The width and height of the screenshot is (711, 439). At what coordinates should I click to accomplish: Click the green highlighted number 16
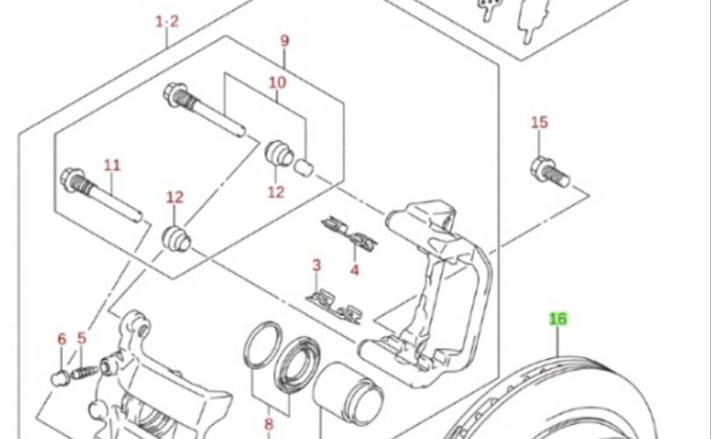click(x=558, y=319)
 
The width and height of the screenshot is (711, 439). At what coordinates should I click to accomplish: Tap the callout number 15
click(x=540, y=122)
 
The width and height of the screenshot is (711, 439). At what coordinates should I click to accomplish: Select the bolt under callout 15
click(x=549, y=172)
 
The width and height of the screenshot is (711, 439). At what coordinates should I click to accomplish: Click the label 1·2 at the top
click(x=168, y=21)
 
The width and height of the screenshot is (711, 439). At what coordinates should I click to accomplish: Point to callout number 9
click(x=284, y=40)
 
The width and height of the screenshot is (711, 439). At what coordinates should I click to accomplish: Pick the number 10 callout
click(x=277, y=83)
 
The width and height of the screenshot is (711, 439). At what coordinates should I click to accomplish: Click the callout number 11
click(x=112, y=165)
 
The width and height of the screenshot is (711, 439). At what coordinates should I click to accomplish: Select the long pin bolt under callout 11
click(x=101, y=195)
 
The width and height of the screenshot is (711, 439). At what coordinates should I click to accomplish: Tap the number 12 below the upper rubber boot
click(x=276, y=191)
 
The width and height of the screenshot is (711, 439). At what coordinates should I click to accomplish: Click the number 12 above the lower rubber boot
click(x=175, y=198)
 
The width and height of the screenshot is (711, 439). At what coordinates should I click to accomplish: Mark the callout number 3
click(x=317, y=265)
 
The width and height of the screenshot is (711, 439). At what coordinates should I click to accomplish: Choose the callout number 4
click(x=355, y=270)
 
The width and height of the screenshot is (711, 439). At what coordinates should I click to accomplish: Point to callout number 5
click(x=82, y=338)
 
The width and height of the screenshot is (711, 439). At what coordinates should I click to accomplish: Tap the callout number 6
click(x=61, y=339)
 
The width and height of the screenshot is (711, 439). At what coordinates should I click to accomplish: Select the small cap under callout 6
click(x=60, y=378)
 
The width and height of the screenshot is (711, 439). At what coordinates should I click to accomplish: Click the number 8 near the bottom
click(x=269, y=424)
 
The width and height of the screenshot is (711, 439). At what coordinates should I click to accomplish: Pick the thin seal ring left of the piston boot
click(x=263, y=345)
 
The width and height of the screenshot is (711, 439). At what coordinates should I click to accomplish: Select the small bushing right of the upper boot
click(x=305, y=167)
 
